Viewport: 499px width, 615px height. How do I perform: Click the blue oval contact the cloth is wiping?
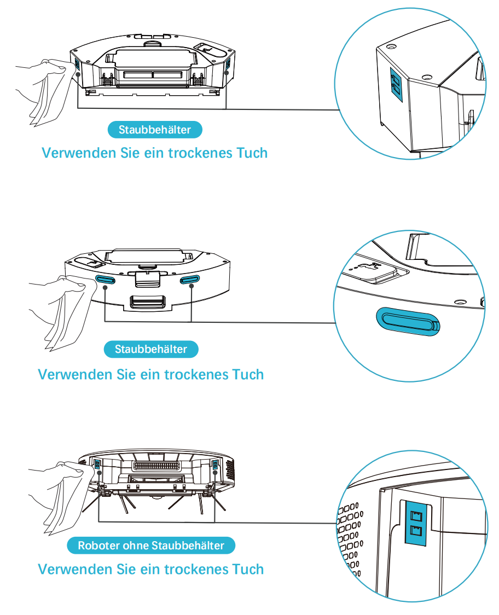point(106,280)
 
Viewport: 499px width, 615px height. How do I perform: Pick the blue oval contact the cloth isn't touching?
point(189,280)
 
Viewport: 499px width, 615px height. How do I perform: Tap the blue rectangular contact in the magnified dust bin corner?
point(397,84)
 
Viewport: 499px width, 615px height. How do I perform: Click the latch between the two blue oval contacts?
point(147,278)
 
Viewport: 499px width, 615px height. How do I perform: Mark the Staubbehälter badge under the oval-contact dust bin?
point(151,349)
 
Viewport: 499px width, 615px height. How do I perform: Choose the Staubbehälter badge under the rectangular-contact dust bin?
point(155,130)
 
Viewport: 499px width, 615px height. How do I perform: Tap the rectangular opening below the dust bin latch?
point(147,301)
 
